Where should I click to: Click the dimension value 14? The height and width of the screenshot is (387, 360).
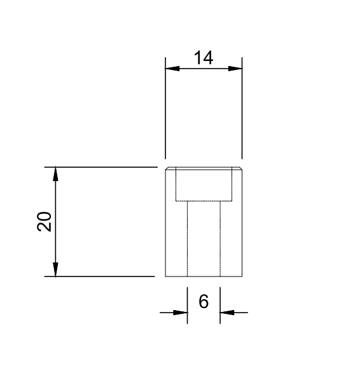[204, 58]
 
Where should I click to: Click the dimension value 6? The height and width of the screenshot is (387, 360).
[204, 302]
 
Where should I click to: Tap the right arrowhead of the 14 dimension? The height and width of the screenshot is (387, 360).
[237, 69]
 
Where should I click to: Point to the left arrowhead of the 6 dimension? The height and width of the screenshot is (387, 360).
[182, 312]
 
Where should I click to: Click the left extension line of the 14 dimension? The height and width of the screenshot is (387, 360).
[165, 114]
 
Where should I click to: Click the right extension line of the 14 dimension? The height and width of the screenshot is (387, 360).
[242, 114]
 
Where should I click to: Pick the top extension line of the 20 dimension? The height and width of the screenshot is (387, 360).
[102, 167]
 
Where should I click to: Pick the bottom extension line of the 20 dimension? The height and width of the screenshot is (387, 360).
[102, 276]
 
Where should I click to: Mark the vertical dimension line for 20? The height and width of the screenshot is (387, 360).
[56, 222]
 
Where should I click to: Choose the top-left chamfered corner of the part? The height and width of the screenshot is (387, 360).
[167, 168]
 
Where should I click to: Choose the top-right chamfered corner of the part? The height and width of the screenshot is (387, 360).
[241, 168]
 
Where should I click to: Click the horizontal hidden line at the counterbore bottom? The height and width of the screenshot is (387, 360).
[204, 201]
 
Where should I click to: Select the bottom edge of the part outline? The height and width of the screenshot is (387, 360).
[204, 276]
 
